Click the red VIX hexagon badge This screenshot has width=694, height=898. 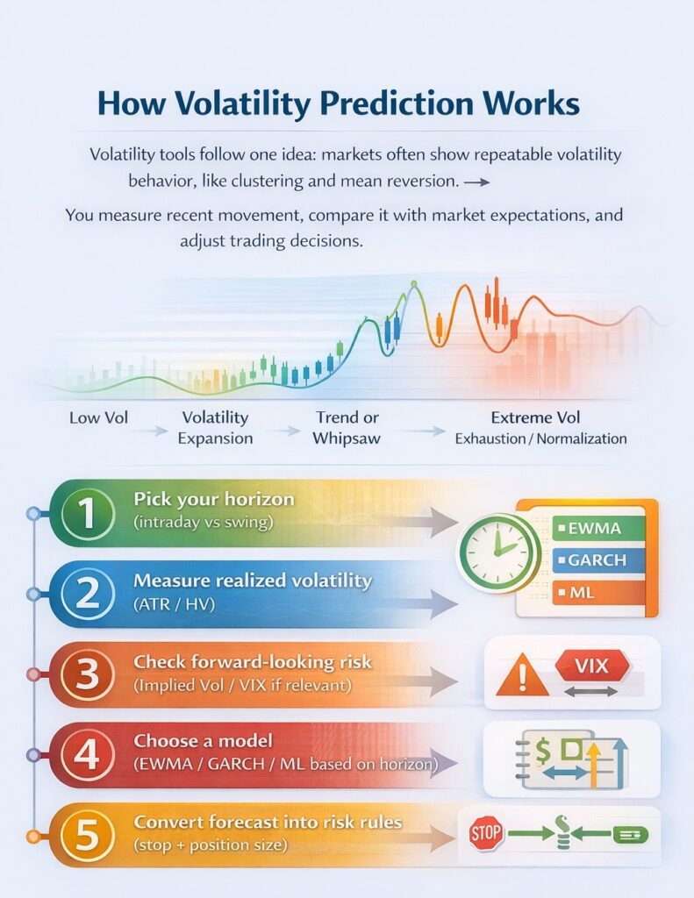pyautogui.click(x=592, y=666)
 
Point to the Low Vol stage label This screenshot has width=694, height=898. pyautogui.click(x=98, y=417)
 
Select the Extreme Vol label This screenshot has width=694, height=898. pyautogui.click(x=535, y=417)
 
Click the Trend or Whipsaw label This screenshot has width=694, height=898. pyautogui.click(x=348, y=427)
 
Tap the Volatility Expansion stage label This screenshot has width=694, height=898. pyautogui.click(x=215, y=427)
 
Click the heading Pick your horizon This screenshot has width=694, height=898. pyautogui.click(x=213, y=499)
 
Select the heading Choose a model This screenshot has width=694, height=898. pyautogui.click(x=204, y=740)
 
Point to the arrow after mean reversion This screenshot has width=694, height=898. pyautogui.click(x=476, y=182)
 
